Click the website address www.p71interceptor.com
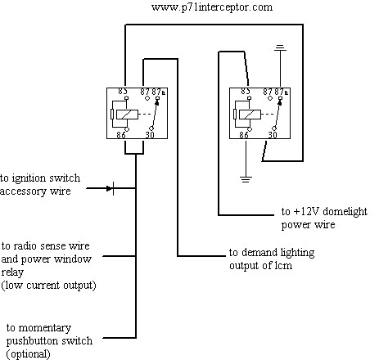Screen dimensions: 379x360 (212, 7)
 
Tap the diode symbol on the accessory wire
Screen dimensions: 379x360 (111, 188)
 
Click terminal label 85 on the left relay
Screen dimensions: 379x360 (123, 92)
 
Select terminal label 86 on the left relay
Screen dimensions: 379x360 (121, 135)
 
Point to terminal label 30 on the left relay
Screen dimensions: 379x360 (150, 135)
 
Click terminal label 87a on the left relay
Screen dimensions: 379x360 (159, 92)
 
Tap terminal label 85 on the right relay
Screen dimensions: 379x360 (246, 92)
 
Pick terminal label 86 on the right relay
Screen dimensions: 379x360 (244, 135)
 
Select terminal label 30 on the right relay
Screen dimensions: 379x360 (273, 135)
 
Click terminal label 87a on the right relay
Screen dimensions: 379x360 (282, 92)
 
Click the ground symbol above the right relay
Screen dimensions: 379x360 (281, 48)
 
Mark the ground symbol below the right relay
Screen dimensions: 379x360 (246, 179)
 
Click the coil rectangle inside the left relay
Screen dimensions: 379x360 (128, 115)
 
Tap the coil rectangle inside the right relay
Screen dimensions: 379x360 (250, 115)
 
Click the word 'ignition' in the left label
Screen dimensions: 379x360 (30, 178)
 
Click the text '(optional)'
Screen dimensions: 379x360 (28, 354)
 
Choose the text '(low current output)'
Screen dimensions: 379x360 (48, 286)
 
